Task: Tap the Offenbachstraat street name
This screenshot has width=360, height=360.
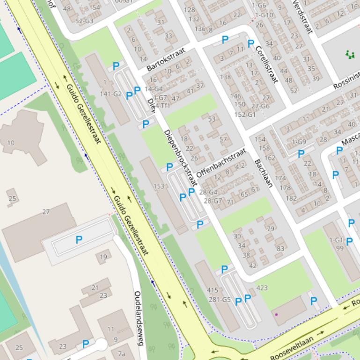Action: tap(221, 163)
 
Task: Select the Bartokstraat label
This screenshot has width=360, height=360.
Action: tap(166, 59)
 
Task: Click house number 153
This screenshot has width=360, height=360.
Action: tap(159, 186)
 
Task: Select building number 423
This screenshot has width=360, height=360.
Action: tap(262, 288)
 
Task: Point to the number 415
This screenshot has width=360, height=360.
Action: tap(213, 290)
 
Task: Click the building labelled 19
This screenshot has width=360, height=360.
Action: tap(103, 256)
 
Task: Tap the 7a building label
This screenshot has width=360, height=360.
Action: tap(122, 353)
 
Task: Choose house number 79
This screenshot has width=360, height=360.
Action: tap(270, 229)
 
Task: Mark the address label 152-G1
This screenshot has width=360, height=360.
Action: tap(245, 115)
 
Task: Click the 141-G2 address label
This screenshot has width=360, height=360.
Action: tap(111, 94)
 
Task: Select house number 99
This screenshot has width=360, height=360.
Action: tap(339, 248)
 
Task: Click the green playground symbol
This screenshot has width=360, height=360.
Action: tap(350, 55)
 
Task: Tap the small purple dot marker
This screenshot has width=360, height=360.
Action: tap(276, 315)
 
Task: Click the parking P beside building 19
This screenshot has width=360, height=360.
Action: tap(79, 240)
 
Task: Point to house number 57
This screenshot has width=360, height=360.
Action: tap(223, 139)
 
